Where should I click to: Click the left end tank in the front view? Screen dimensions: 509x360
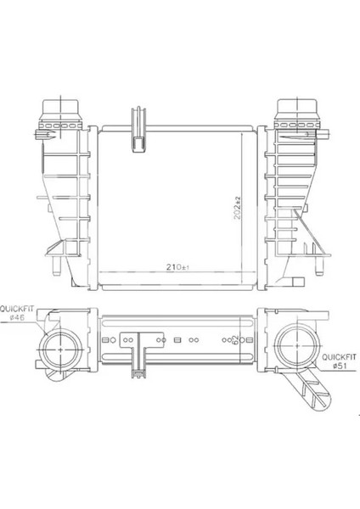coord(64,195)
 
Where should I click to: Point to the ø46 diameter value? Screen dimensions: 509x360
coord(15,318)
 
